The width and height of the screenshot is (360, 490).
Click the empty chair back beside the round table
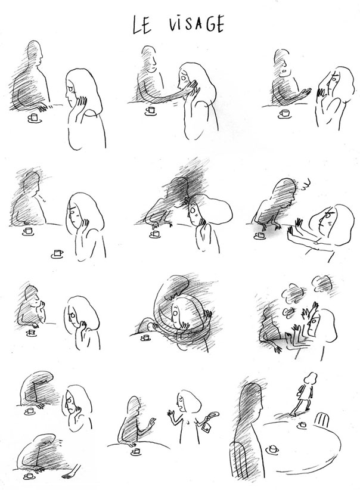[322, 419]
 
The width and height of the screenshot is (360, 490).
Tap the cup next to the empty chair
[302, 425]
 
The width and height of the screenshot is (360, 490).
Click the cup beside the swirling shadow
[145, 338]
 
